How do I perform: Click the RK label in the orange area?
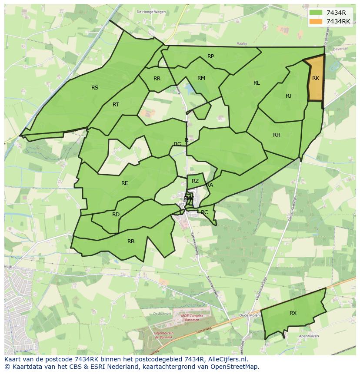coord(316,78)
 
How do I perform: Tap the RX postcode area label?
coord(293,313)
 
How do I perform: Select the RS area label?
coord(95,88)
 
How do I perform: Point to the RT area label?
coord(116,105)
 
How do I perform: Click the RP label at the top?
coord(210,56)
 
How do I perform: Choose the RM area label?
coord(201,78)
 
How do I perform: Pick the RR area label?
coord(157,79)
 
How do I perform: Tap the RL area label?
coord(257,83)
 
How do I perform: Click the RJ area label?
coord(289,96)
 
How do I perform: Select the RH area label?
coord(277,135)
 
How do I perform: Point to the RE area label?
coord(125,183)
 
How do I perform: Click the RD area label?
coord(116,215)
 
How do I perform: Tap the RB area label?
coord(131,242)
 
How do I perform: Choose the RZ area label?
coord(195,181)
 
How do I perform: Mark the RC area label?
coord(204,212)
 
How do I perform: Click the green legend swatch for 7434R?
coord(316,13)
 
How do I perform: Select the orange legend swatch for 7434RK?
coord(316,21)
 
